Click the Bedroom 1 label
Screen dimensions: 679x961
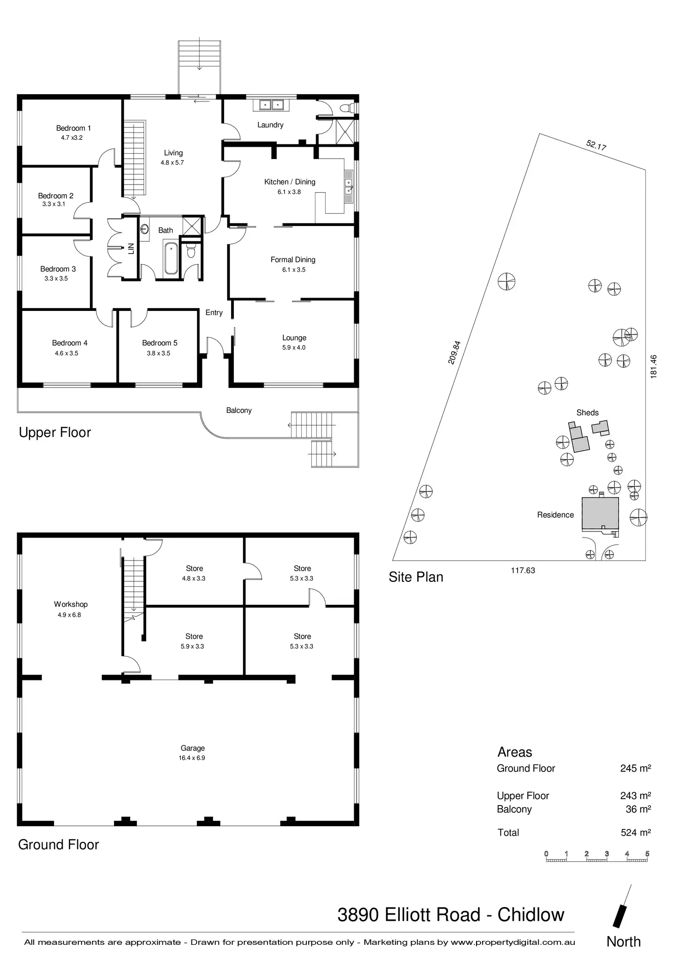73,128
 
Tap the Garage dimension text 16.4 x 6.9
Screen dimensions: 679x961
192,758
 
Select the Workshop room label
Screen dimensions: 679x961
71,604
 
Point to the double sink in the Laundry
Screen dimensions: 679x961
271,105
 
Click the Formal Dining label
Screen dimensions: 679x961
293,260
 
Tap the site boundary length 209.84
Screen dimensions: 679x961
454,352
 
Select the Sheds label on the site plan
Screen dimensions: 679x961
587,413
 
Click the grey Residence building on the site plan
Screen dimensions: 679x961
600,513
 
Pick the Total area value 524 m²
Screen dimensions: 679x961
635,833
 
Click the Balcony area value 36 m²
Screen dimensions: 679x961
638,809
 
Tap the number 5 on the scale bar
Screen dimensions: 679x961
647,854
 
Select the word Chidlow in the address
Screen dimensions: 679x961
530,915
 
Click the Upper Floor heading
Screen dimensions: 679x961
55,433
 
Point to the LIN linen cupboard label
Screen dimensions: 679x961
131,249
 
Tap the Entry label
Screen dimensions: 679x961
214,313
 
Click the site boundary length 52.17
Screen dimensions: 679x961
596,145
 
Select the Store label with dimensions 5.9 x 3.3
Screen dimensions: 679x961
194,637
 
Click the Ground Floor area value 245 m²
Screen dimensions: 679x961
635,768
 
